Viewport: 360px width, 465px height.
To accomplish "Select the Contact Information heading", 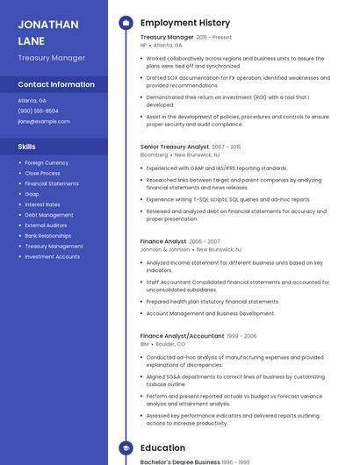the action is click(56, 85).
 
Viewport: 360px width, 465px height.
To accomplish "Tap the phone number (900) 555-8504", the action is click(39, 111).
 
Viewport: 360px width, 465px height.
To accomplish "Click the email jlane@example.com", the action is click(44, 121).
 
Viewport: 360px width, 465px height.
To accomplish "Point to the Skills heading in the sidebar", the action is click(27, 147).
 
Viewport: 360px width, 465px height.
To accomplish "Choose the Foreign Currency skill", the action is click(47, 163).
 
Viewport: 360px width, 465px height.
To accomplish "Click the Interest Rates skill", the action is click(42, 204).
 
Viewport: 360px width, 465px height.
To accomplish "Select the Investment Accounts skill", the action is click(52, 257).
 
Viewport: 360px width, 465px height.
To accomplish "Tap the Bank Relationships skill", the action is click(48, 236).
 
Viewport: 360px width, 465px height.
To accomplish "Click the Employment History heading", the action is click(185, 23).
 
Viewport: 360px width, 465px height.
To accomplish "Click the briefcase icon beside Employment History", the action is click(126, 23).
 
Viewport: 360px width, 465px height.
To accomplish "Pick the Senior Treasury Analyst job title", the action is click(175, 147).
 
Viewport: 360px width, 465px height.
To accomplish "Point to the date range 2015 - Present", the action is click(214, 38).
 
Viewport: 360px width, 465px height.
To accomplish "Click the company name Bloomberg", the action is click(155, 154).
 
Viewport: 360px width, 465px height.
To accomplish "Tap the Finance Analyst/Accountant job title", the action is click(182, 336).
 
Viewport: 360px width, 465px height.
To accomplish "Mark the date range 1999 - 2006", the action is click(241, 336).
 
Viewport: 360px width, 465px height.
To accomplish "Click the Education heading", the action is click(162, 447).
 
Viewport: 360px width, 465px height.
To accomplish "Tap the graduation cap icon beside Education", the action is click(126, 447).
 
